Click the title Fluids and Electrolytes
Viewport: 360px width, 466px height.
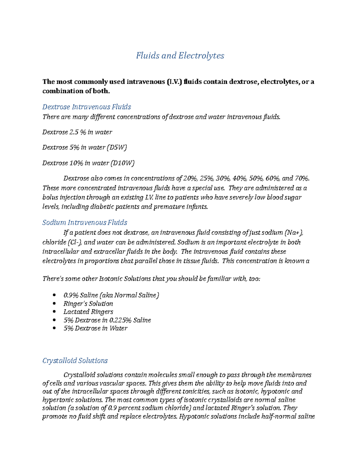tap(180, 56)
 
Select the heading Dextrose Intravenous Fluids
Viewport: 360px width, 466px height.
tap(86, 107)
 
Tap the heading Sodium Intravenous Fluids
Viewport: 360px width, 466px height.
tap(85, 222)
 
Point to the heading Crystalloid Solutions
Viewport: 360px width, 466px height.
tap(75, 360)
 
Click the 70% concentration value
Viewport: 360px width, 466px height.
tap(302, 178)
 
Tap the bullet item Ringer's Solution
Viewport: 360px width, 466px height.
tap(88, 303)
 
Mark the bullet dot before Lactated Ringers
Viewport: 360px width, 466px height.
tap(54, 312)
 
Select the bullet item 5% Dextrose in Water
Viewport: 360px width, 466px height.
tap(95, 328)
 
